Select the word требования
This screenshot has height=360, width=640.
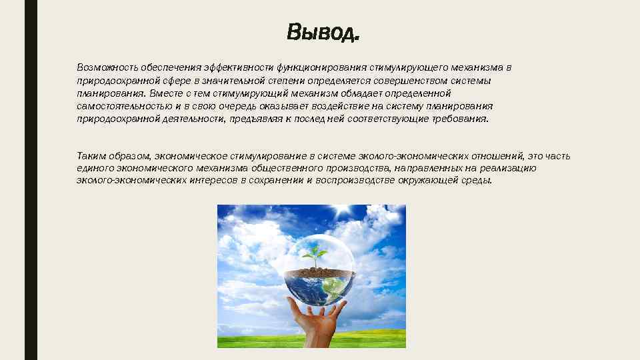point(460,119)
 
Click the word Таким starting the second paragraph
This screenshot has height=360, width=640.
point(91,157)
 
